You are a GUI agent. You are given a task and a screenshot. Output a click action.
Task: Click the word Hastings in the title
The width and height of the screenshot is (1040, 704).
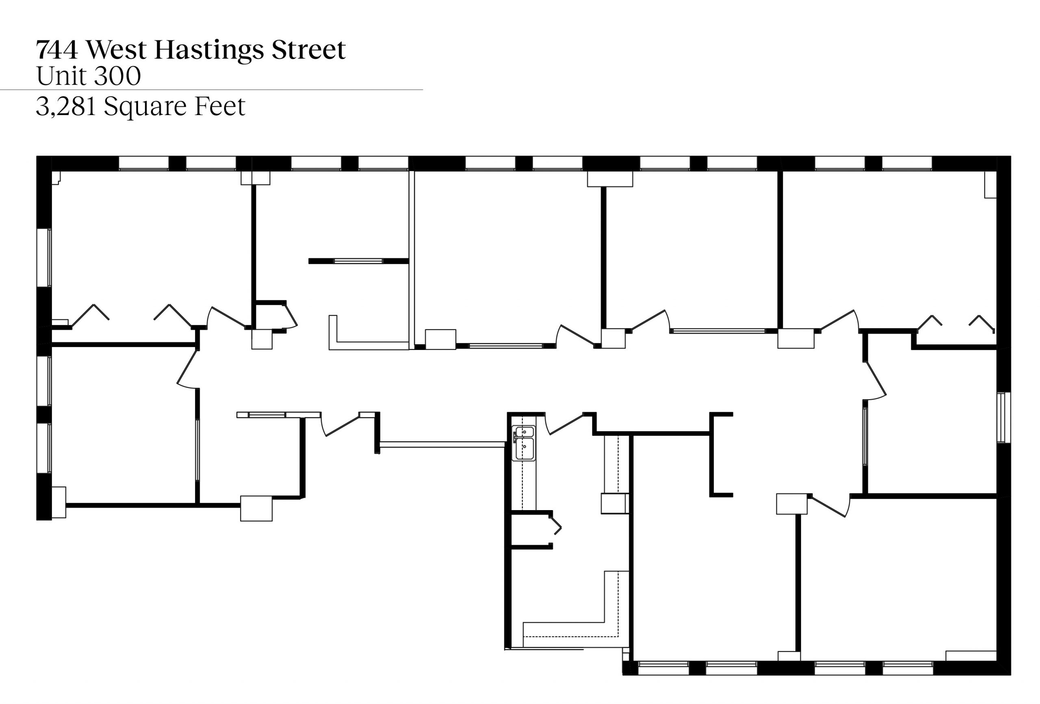(x=209, y=50)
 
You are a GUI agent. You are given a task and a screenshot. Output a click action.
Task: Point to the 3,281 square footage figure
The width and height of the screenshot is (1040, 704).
(x=66, y=106)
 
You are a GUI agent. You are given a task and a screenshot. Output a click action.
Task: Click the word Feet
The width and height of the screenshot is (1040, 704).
(x=220, y=106)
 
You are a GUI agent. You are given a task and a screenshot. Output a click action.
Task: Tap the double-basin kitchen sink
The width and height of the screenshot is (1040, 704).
(x=524, y=443)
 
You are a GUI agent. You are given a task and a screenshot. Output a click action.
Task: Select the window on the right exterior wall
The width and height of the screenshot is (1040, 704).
(x=1004, y=417)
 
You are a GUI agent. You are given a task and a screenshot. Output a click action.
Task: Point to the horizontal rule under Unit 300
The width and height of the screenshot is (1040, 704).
(x=211, y=89)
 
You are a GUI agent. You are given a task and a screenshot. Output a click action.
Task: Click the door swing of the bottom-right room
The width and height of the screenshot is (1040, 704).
(x=830, y=506)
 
